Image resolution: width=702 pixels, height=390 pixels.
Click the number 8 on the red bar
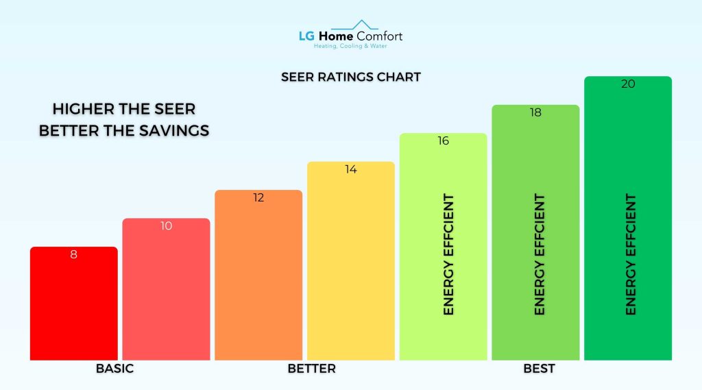(x=73, y=254)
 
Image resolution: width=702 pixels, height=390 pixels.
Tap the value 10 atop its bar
(x=166, y=226)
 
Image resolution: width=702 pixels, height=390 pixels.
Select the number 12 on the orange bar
(x=258, y=197)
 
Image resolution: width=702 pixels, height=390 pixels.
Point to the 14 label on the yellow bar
(x=350, y=169)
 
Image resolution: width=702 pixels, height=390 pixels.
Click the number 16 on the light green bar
(x=443, y=141)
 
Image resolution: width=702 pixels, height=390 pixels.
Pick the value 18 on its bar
(x=535, y=112)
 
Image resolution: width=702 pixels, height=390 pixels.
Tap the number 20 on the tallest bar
(x=627, y=84)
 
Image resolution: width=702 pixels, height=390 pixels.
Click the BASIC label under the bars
(x=114, y=369)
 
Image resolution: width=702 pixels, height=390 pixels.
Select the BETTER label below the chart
(x=312, y=369)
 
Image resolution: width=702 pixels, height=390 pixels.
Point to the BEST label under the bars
(x=539, y=369)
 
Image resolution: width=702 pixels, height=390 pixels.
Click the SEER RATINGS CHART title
(x=350, y=77)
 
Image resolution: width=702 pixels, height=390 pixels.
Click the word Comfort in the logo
(x=380, y=36)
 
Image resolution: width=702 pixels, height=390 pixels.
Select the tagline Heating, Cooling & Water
(x=350, y=47)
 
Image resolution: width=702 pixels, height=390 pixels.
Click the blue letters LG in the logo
(x=306, y=36)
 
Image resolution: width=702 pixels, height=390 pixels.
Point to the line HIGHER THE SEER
(x=124, y=108)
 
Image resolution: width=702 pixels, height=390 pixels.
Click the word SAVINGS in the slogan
(x=175, y=130)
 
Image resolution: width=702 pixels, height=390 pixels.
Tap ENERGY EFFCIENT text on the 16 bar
(x=449, y=254)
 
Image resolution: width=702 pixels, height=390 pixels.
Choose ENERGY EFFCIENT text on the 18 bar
(x=540, y=254)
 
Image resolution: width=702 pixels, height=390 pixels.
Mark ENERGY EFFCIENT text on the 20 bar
(x=631, y=254)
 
